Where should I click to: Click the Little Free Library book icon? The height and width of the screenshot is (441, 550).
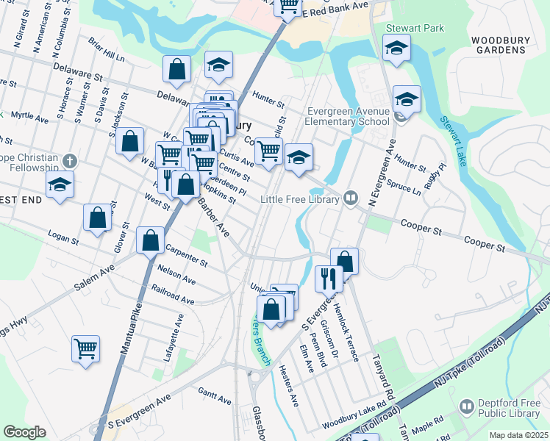tap(351, 198)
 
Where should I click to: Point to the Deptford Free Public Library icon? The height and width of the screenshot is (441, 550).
tap(465, 406)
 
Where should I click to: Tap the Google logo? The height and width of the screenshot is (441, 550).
tap(24, 432)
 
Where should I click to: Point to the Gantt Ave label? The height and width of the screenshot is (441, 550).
tap(215, 397)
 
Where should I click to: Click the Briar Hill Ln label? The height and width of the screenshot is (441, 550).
tap(107, 50)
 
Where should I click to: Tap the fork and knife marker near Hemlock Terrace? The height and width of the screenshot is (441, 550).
tap(329, 278)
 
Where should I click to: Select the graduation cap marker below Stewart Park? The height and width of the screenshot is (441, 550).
tap(396, 49)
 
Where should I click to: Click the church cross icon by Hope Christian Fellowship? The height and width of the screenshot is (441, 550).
tap(69, 160)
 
